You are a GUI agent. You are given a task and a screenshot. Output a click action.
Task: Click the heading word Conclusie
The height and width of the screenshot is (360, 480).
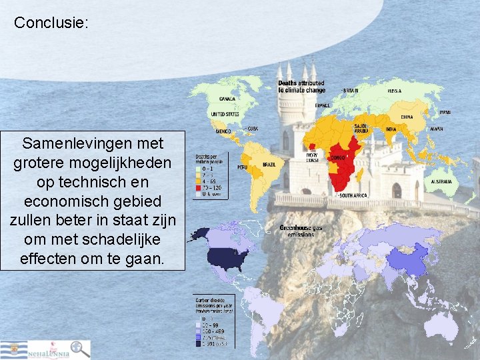50,23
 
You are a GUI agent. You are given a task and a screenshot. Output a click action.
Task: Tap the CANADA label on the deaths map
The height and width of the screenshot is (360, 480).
227,99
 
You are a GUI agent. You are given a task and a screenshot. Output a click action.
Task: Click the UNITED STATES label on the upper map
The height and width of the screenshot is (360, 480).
225,114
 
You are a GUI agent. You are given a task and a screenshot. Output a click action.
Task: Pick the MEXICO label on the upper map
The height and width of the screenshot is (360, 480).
223,131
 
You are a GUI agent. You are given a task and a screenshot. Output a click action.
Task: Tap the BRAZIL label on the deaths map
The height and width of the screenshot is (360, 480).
269,165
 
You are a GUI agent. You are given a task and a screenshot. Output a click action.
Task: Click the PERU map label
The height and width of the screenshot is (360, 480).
243,167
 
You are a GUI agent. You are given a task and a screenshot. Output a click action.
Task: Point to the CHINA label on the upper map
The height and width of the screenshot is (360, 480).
407,117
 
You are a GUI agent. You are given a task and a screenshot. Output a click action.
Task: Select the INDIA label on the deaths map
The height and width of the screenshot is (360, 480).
391,129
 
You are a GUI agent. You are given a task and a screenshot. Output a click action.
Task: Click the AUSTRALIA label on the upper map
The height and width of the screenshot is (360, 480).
441,181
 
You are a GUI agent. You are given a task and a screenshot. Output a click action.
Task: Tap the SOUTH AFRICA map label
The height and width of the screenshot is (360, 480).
354,195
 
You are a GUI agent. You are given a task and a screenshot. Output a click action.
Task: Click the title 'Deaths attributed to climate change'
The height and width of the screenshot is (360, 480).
301,87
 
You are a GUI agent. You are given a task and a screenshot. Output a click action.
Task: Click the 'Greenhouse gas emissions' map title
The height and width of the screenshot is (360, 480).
301,231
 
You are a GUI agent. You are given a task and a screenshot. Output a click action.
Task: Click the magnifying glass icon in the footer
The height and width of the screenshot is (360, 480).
81,349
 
